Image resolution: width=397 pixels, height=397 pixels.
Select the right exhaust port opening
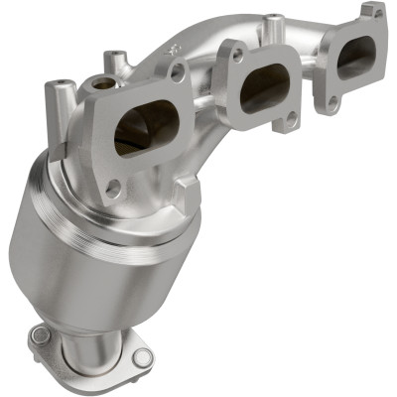click(x=354, y=57)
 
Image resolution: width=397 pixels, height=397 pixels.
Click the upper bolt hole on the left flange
click(x=178, y=71)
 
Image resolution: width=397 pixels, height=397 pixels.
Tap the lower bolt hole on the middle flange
click(x=291, y=118)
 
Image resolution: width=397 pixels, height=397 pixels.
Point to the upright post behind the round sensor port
click(x=117, y=63)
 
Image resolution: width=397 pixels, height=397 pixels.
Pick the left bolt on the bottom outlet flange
click(x=40, y=335)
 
